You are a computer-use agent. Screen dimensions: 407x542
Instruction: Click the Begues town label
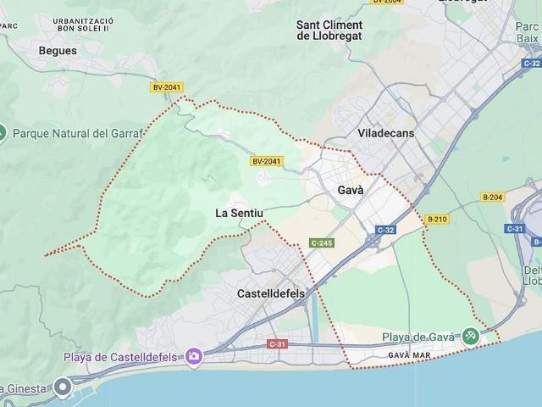[x=58, y=50]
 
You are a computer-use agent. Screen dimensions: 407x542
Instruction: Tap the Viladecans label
[x=385, y=134]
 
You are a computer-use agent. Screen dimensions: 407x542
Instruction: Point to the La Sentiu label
[x=237, y=213]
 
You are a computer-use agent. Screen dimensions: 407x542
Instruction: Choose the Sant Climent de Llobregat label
[x=341, y=30]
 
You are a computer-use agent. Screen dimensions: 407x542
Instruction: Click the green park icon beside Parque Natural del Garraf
[x=3, y=133]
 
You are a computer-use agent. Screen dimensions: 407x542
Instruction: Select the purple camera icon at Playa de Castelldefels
[x=194, y=357]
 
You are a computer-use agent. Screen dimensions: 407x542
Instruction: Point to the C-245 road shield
[x=321, y=243]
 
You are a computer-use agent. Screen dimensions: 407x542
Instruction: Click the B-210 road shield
[x=437, y=219]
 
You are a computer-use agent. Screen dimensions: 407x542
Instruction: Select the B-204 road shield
[x=492, y=198]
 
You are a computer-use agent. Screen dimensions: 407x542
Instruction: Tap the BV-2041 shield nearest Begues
[x=167, y=86]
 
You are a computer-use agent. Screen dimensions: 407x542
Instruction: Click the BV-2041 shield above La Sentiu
[x=266, y=161]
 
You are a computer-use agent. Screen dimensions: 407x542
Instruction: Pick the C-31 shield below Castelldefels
[x=277, y=343]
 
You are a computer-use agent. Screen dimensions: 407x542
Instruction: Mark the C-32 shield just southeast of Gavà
[x=385, y=230]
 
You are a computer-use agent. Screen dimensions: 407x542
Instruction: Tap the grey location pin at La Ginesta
[x=63, y=387]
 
